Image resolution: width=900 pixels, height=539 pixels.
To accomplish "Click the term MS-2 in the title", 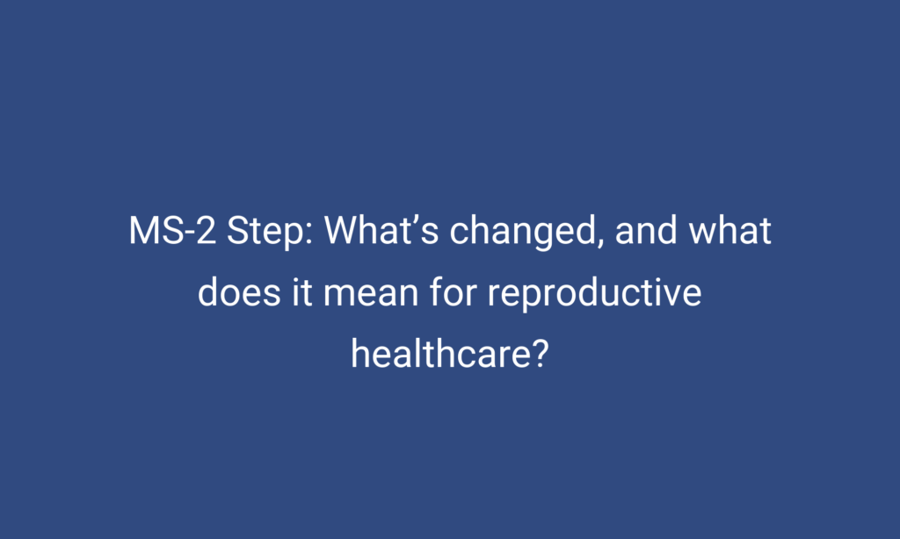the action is pyautogui.click(x=172, y=231).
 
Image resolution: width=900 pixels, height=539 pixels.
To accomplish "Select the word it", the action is pyautogui.click(x=302, y=291).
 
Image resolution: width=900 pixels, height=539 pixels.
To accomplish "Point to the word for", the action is pyautogui.click(x=454, y=291).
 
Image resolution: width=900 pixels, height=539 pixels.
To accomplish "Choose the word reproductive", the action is pyautogui.click(x=595, y=294).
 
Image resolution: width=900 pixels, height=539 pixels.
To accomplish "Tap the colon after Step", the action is pyautogui.click(x=309, y=234).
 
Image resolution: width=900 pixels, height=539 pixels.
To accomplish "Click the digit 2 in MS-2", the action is pyautogui.click(x=206, y=231).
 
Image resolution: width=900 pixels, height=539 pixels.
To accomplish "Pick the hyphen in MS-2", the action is pyautogui.click(x=190, y=234).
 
